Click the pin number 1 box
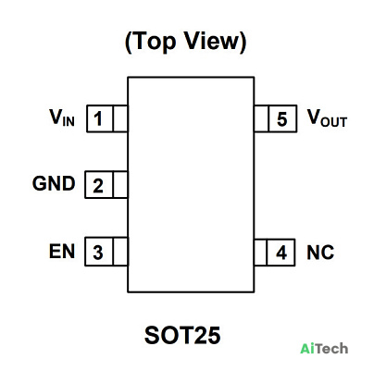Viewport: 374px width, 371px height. coord(100,118)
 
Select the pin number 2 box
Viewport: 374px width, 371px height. coord(99,184)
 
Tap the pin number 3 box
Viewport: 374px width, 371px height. coord(99,252)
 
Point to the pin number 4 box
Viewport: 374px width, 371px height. coord(280,253)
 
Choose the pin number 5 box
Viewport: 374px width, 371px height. coord(282,118)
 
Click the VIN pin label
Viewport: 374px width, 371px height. coord(62,117)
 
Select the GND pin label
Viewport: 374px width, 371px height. coord(54,183)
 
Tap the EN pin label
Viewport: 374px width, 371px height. coord(62,251)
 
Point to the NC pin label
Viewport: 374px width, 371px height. coord(320,253)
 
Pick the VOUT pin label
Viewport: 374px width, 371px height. coord(327,118)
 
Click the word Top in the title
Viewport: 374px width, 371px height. coord(155,42)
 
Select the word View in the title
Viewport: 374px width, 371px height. coord(213,41)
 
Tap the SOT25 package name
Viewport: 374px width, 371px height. coord(182,335)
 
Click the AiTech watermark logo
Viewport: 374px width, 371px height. coord(324,349)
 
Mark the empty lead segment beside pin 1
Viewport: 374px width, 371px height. coord(120,118)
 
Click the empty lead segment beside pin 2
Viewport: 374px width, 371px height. coord(120,184)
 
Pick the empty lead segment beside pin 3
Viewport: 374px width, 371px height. coord(120,252)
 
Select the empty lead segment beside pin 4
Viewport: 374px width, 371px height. coord(260,253)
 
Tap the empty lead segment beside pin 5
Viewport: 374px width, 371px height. coord(261,118)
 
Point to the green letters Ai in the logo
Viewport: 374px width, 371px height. coord(307,349)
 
